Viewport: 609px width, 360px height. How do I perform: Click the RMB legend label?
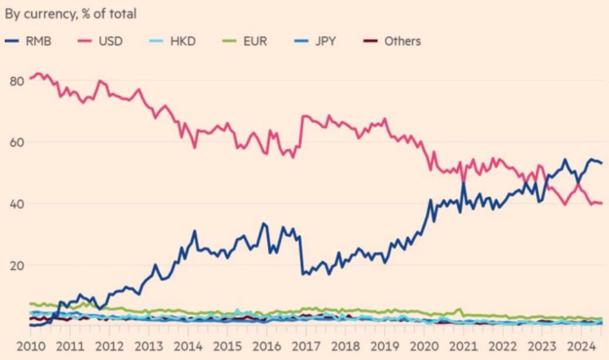[x=38, y=41]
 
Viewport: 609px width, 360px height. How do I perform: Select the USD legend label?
[x=111, y=41]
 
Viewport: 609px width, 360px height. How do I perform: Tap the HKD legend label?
[x=183, y=41]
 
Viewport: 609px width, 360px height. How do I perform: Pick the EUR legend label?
[x=255, y=41]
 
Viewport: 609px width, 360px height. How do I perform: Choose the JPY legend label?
[x=325, y=41]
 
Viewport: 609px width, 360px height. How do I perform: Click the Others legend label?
[x=403, y=41]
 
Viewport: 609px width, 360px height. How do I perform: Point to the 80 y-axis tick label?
[x=16, y=82]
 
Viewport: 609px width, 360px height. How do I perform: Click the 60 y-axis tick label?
[x=16, y=143]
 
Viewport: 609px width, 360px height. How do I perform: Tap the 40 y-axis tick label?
[x=16, y=204]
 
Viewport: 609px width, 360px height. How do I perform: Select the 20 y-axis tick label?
[x=16, y=266]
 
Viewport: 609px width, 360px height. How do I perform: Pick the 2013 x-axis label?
[x=149, y=346]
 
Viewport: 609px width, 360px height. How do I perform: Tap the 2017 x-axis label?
[x=306, y=346]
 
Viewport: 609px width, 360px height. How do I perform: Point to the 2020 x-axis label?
[x=425, y=346]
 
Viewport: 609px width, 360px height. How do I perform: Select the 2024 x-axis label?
[x=582, y=346]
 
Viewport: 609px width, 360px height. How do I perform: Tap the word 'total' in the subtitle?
[x=123, y=14]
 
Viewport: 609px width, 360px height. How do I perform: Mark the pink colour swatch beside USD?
[x=84, y=41]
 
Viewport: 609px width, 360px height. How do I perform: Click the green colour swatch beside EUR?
[x=230, y=41]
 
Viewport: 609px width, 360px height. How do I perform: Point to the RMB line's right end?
[x=602, y=163]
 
